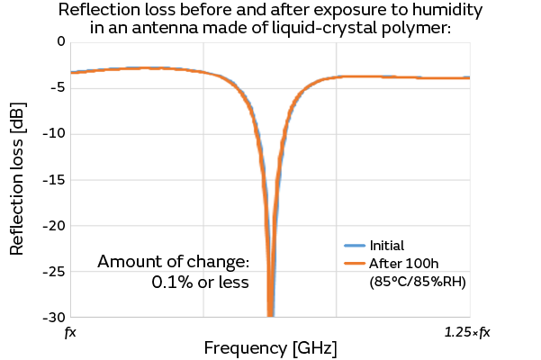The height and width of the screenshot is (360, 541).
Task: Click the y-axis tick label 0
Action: pos(60,41)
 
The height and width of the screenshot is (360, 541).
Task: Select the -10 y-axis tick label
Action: pos(54,133)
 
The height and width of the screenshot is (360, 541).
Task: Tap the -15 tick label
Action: pos(54,179)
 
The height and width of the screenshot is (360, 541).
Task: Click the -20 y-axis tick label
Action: pos(54,225)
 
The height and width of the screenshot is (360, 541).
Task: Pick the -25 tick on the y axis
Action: pos(54,271)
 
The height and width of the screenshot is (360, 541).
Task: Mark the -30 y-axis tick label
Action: pos(54,317)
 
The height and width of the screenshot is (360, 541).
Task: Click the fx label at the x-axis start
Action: pos(70,333)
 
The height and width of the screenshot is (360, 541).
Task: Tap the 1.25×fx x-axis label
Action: pos(467,333)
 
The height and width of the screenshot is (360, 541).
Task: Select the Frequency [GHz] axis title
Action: pos(271,347)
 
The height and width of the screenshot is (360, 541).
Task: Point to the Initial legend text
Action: pos(387,245)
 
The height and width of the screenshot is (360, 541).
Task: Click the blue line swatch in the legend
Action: pos(355,245)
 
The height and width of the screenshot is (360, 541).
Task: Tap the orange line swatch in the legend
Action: pos(355,263)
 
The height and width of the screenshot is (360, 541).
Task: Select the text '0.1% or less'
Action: pos(200,282)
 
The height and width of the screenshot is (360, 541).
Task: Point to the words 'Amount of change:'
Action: pos(172,262)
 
